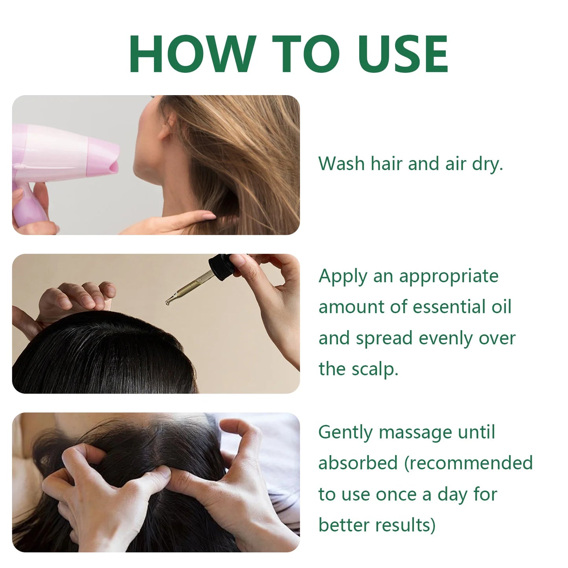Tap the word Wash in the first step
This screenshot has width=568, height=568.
[x=342, y=164]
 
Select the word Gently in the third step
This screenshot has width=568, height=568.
[x=345, y=433]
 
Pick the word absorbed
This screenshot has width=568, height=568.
[x=358, y=463]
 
